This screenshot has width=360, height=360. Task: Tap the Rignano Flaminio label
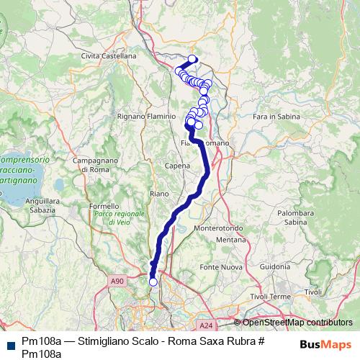(147, 115)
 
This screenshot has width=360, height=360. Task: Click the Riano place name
(158, 194)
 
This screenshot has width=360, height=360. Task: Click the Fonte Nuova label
(220, 267)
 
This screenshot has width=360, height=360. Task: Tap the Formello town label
(104, 206)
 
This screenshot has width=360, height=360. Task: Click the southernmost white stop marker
(153, 282)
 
